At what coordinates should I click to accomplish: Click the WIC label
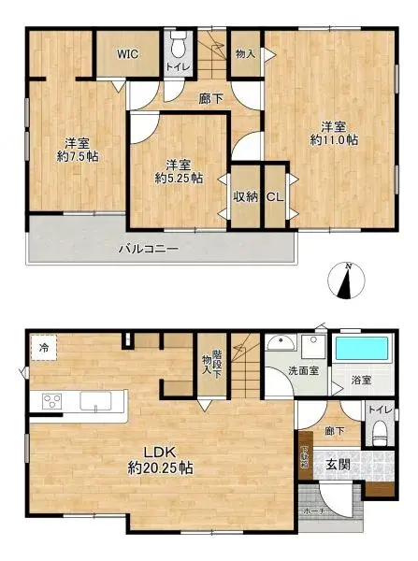(127, 53)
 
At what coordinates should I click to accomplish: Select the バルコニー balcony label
(148, 249)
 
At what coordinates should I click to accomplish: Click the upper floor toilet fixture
(180, 44)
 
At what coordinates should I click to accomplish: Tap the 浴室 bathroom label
(360, 381)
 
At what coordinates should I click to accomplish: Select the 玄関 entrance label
(339, 465)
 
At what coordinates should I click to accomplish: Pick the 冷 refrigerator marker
(43, 349)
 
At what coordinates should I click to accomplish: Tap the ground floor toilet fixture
(379, 432)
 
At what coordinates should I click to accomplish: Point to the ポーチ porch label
(314, 511)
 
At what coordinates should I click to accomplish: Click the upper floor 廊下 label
(210, 98)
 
